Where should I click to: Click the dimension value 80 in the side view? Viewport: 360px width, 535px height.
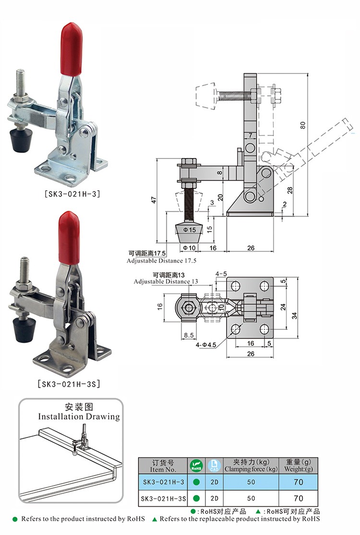tap(302, 125)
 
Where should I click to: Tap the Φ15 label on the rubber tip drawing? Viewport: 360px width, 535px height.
tap(191, 230)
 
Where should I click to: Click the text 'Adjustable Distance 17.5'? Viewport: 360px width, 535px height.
tap(162, 261)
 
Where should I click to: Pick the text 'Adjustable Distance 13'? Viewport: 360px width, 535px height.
tap(166, 281)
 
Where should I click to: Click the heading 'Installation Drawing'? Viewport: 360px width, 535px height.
tap(79, 416)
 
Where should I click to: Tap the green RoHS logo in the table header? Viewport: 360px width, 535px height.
tap(196, 465)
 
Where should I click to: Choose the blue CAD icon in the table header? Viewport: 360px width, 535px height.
tap(214, 465)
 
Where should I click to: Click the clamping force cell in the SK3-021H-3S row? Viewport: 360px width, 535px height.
tap(251, 498)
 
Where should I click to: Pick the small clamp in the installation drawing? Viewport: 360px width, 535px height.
tap(80, 442)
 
